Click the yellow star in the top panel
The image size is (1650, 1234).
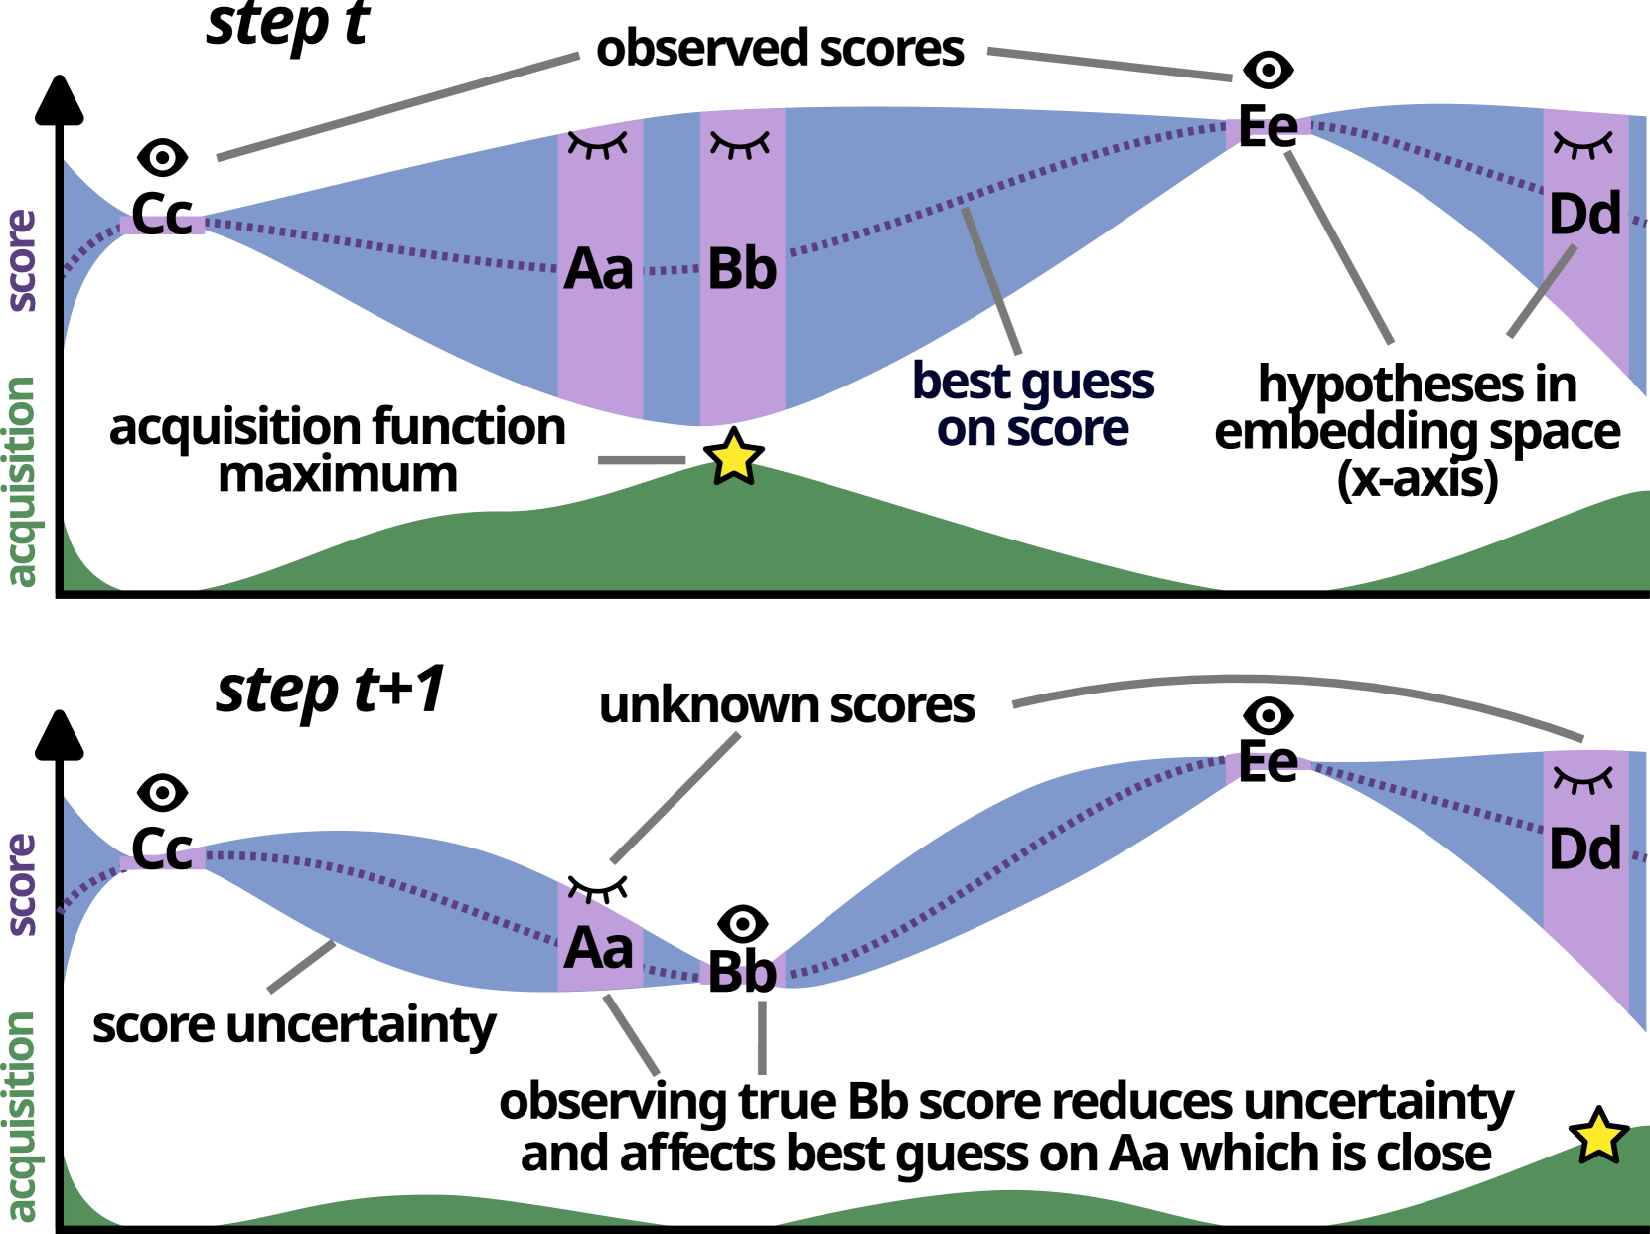click(x=734, y=460)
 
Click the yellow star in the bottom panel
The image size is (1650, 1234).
click(x=1598, y=1138)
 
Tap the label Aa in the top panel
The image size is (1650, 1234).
click(x=598, y=269)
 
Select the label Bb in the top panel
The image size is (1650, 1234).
click(x=742, y=269)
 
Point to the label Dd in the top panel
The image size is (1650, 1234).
click(x=1585, y=215)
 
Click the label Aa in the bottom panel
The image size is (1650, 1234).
click(x=598, y=948)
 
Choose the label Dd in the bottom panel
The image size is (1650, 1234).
click(x=1585, y=849)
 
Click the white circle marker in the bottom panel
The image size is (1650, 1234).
click(x=1269, y=715)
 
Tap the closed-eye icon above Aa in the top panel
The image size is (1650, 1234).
click(x=597, y=144)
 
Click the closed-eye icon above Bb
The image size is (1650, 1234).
click(x=740, y=145)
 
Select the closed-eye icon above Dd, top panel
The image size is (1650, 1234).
click(x=1583, y=144)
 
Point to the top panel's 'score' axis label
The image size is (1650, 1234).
click(x=22, y=260)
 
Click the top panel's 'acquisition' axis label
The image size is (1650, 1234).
click(x=22, y=482)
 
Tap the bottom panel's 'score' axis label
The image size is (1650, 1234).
click(x=22, y=884)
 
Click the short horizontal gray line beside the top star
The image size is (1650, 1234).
click(x=641, y=460)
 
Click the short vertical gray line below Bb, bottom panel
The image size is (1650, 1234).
click(x=762, y=1036)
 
